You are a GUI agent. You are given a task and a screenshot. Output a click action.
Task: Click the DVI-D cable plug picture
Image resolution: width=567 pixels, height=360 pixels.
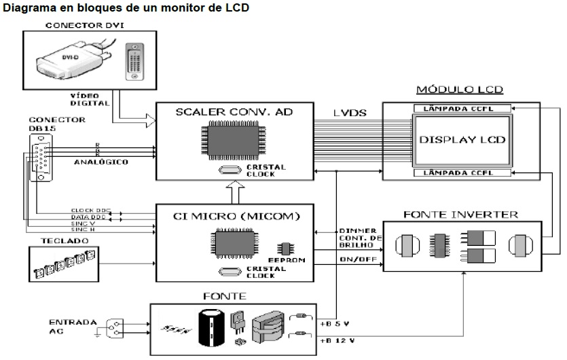[x=68, y=60]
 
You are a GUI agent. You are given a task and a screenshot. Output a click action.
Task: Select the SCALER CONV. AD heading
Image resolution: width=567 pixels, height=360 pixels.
[x=234, y=113]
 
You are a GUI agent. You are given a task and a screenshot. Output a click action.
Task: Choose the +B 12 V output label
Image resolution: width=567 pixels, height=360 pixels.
[x=337, y=339]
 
